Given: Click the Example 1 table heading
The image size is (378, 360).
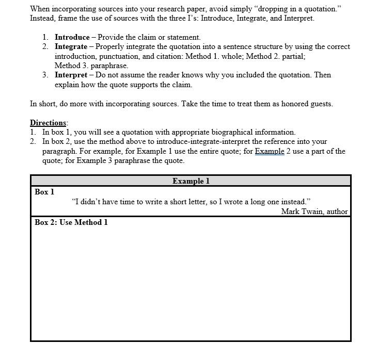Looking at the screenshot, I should coord(191,181).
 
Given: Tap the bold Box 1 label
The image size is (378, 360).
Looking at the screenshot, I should coord(44,192).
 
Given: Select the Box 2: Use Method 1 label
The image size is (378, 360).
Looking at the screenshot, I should coord(71,222).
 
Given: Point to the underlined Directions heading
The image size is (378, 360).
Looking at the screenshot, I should coord(48,123).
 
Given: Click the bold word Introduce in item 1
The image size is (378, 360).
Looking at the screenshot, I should coord(72,37).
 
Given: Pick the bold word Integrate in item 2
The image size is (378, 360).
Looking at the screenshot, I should coord(71,46).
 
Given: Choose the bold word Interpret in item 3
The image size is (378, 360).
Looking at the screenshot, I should coord(71,75).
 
